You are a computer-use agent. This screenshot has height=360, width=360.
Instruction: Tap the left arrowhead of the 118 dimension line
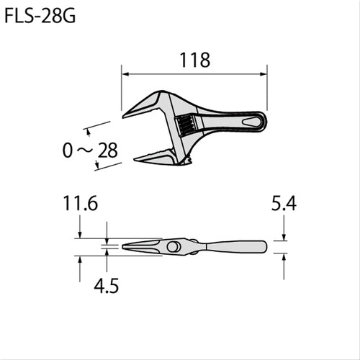[123, 73]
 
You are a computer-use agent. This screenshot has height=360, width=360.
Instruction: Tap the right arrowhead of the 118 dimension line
[265, 73]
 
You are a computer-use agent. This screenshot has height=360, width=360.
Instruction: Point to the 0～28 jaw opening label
[89, 150]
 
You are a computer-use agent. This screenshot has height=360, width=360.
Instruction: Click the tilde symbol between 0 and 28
[89, 150]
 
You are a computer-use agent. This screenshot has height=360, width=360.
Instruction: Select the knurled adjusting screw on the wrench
[185, 129]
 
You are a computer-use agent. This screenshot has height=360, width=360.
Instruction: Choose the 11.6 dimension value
[79, 205]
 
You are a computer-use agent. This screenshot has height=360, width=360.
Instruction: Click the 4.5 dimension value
[106, 285]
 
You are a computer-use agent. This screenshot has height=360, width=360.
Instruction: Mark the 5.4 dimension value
[284, 205]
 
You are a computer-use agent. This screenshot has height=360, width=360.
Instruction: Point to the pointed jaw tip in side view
[125, 247]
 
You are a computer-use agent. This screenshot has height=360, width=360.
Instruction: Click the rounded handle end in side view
[264, 246]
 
